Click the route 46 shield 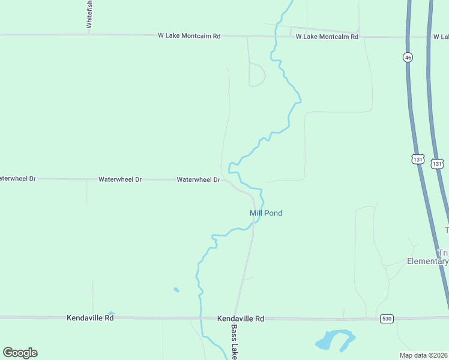point(408,57)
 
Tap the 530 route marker point(387,319)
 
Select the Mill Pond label point(266,213)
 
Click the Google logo point(20,353)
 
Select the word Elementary point(427,261)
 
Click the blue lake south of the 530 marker point(334,340)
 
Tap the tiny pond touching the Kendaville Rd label point(111,313)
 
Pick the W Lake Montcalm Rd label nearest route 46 point(327,37)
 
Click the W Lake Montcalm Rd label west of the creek point(189,36)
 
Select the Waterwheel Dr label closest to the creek point(199,179)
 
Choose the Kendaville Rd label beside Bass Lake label point(241,319)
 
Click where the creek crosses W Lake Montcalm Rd point(275,37)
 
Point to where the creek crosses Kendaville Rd point(200,318)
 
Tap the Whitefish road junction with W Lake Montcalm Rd point(89,35)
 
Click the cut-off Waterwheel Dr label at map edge point(18,179)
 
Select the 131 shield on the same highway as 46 point(418,159)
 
